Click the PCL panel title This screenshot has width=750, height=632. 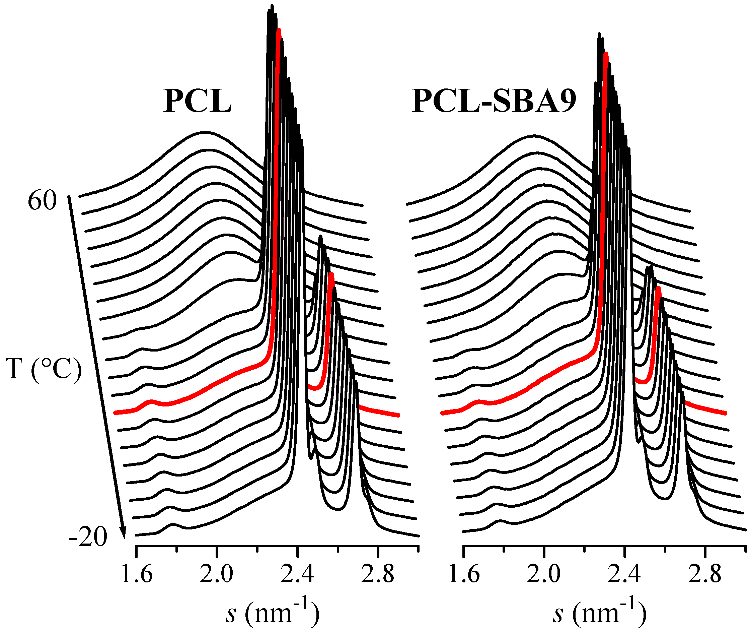point(197,102)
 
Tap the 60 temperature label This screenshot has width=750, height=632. point(42,201)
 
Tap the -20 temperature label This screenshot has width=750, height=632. point(88,537)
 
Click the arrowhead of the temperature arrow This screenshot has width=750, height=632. point(124,534)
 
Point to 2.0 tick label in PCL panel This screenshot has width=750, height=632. point(216,575)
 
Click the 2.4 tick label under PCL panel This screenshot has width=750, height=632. point(297,575)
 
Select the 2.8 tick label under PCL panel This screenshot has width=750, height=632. point(377,575)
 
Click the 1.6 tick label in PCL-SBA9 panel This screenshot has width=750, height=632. point(464,575)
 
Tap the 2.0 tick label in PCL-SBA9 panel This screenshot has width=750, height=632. point(544,575)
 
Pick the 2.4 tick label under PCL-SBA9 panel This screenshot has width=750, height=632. point(624,575)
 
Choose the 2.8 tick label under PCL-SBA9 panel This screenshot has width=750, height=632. point(704,575)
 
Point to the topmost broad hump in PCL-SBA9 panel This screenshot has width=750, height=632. point(533,136)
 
